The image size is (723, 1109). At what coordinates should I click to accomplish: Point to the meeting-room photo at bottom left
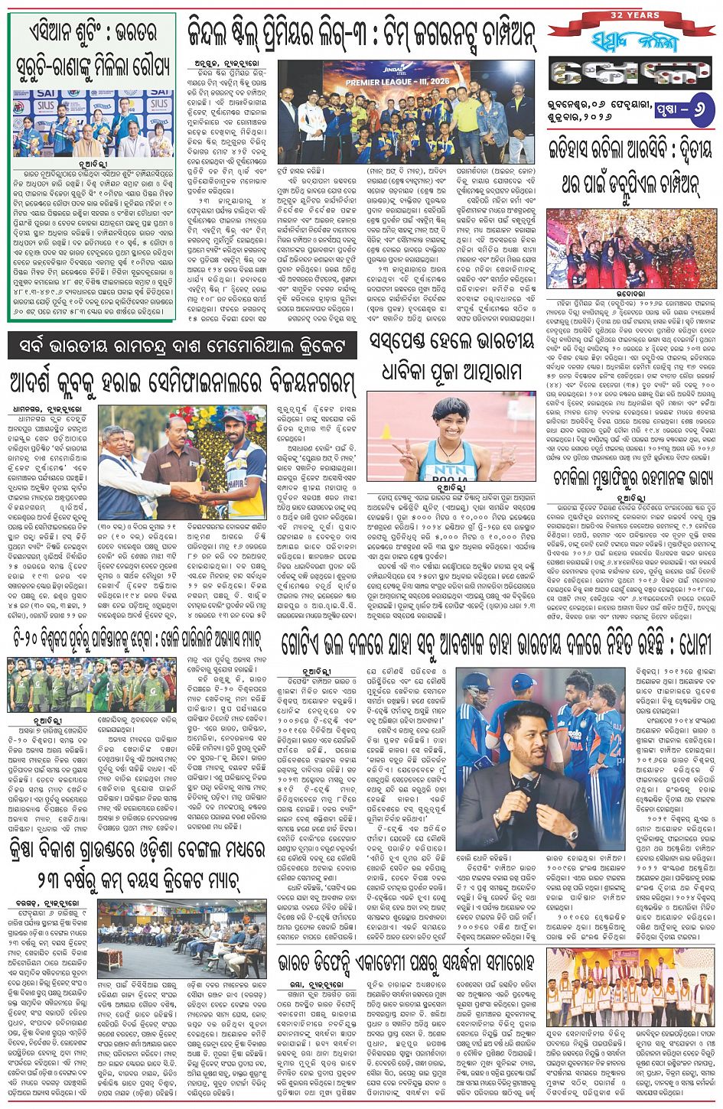tap(181, 939)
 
